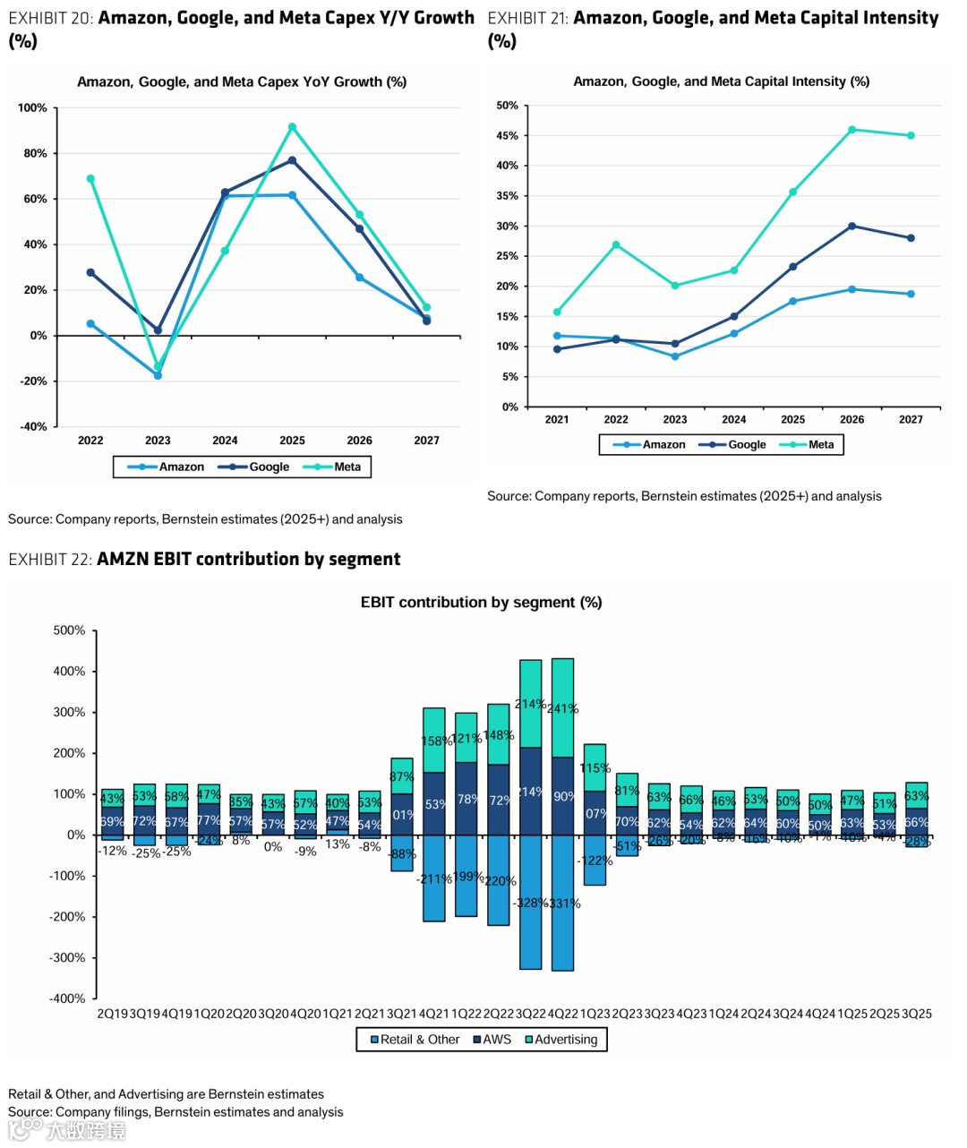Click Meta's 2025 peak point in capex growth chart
click(x=292, y=127)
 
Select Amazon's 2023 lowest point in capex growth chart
click(x=158, y=375)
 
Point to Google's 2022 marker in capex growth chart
click(x=90, y=272)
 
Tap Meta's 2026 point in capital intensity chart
click(x=851, y=130)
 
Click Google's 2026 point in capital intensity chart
click(x=851, y=226)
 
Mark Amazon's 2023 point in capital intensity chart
click(x=675, y=356)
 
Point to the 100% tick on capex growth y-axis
click(x=33, y=107)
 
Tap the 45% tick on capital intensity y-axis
click(x=507, y=136)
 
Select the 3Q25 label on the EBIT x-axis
click(x=916, y=1014)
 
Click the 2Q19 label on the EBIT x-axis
click(x=113, y=1014)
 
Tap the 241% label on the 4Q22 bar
click(x=562, y=709)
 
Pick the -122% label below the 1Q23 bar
click(x=595, y=861)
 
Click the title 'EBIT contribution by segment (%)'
click(x=481, y=603)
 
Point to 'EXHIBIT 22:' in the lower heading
click(x=50, y=560)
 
